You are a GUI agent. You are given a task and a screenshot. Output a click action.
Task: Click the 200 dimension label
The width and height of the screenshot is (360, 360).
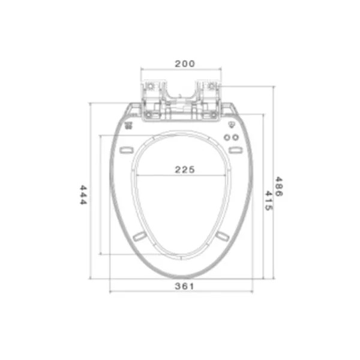click(x=185, y=64)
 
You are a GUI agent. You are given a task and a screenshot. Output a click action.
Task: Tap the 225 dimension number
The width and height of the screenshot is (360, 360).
click(x=185, y=170)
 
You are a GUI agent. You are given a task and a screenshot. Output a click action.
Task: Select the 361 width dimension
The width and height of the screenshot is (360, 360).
click(x=184, y=286)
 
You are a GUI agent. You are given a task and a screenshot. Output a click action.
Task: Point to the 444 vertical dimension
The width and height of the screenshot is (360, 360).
click(x=83, y=195)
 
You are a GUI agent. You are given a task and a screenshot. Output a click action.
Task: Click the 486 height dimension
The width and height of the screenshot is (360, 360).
click(x=279, y=187)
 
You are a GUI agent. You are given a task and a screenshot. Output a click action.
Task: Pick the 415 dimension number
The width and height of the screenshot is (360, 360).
click(x=269, y=200)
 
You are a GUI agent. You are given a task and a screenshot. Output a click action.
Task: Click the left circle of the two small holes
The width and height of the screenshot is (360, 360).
click(x=227, y=137)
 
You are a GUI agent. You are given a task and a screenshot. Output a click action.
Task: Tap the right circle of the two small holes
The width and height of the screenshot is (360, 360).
click(x=235, y=137)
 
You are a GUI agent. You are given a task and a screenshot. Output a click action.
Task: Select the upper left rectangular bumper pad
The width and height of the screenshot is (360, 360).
click(x=126, y=150)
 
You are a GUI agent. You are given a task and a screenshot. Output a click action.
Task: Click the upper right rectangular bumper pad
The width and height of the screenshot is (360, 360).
click(x=235, y=150)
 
